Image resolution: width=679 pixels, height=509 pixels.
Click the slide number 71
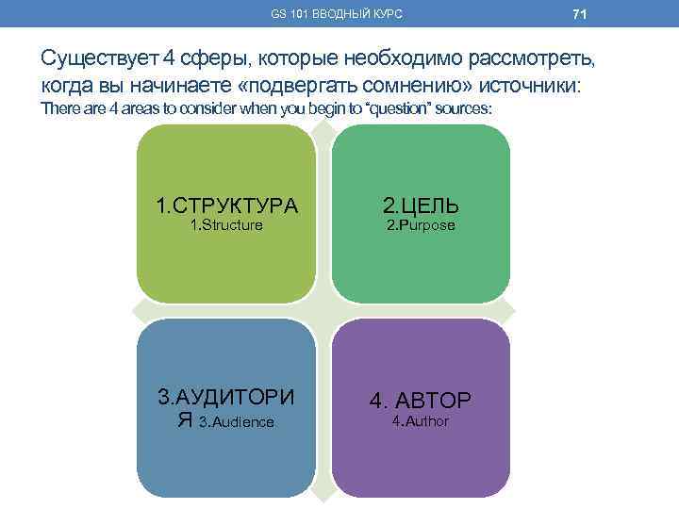point(580,15)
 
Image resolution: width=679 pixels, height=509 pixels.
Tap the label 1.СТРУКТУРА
point(226,205)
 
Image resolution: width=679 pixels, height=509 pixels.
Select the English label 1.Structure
point(226,225)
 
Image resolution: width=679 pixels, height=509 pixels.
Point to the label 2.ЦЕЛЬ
point(421,205)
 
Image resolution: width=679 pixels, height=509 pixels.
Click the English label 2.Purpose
point(421,225)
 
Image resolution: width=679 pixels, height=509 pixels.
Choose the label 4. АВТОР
point(421,401)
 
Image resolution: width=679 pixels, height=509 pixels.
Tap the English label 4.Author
point(421,420)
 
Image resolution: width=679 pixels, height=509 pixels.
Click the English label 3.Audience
point(236,422)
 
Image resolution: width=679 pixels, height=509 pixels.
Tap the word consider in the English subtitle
point(182,109)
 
